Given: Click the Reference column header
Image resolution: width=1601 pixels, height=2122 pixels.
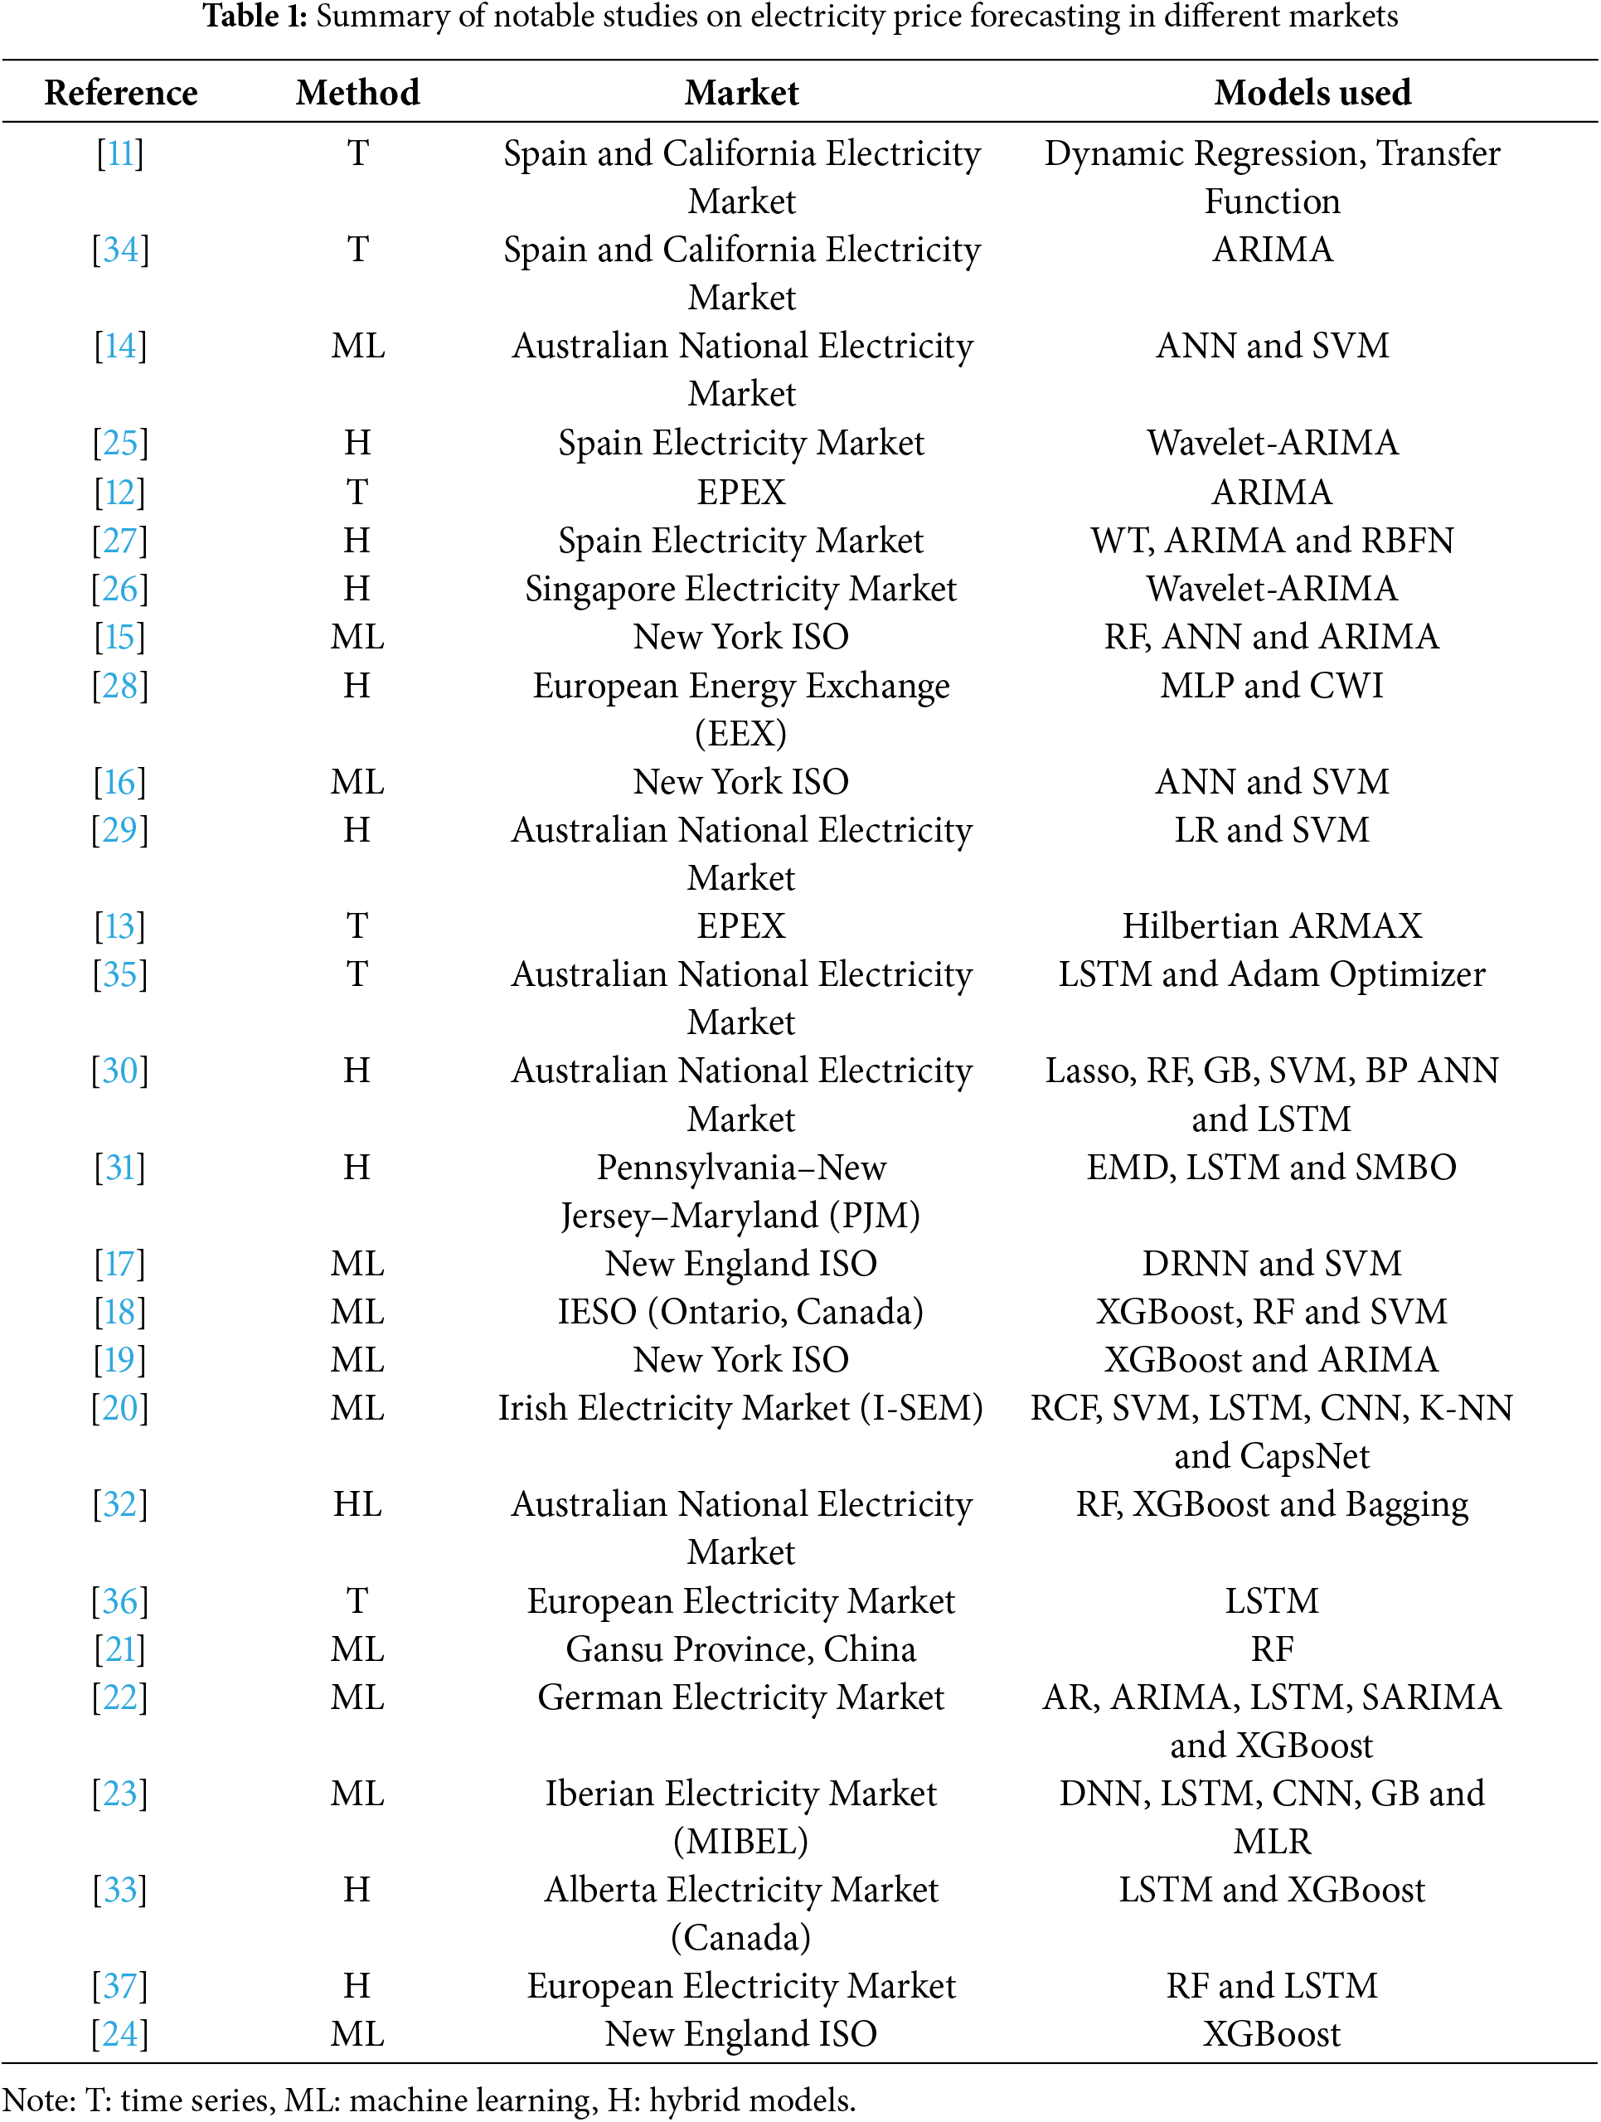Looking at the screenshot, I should (x=121, y=93).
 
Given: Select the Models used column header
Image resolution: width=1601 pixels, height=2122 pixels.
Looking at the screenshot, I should (x=1312, y=93).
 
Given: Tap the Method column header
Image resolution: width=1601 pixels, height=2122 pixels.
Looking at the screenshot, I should (x=358, y=93).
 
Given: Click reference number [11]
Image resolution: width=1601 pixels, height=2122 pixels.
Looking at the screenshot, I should (x=120, y=153).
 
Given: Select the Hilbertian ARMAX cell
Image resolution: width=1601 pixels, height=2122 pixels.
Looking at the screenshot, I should (x=1272, y=925).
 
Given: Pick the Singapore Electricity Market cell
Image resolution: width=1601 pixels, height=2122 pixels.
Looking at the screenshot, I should (x=740, y=589).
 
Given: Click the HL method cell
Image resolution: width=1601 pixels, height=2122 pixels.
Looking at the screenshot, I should (x=358, y=1504).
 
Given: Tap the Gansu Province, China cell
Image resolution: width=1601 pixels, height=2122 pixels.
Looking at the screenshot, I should (x=740, y=1649).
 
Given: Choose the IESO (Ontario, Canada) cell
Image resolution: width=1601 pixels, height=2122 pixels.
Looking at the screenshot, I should (x=740, y=1311).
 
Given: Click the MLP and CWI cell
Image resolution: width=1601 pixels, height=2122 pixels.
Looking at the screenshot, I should (x=1272, y=686).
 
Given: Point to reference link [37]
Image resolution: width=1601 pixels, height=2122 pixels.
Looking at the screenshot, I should (x=120, y=1986).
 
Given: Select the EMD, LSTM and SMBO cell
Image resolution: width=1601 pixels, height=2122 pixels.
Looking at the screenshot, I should (x=1272, y=1168).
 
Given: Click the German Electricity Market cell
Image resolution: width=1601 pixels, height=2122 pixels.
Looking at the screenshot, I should (x=740, y=1697).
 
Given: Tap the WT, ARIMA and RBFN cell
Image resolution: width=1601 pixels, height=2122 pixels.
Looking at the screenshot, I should (x=1272, y=541).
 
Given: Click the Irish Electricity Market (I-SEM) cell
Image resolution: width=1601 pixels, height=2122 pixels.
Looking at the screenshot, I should (x=740, y=1408).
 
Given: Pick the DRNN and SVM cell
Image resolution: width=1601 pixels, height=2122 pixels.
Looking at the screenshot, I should (x=1272, y=1264).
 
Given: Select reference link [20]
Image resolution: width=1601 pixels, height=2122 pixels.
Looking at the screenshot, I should (x=120, y=1408).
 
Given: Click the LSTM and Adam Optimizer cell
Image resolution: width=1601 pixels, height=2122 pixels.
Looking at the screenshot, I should (x=1272, y=974).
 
